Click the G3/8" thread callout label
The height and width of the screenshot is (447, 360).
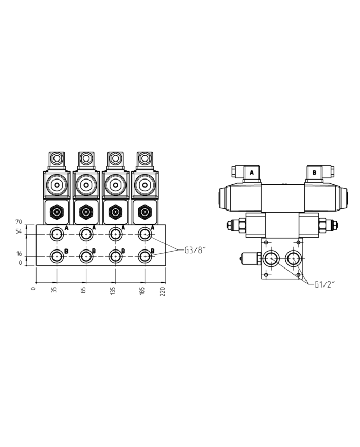click(195, 250)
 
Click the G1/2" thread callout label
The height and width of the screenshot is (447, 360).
click(325, 285)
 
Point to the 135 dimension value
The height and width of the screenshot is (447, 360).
click(114, 291)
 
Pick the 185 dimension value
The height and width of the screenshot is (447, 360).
click(143, 291)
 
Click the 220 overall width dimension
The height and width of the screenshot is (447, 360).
click(164, 291)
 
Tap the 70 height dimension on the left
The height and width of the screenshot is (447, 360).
click(19, 222)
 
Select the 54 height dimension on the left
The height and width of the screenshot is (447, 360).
click(19, 232)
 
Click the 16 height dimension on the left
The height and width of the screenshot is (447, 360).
click(19, 254)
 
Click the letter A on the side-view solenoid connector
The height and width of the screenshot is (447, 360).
click(251, 173)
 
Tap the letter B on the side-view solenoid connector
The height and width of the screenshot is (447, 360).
click(314, 173)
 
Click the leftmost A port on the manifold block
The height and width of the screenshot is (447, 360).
click(56, 234)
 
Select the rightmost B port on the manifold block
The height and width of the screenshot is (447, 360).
click(145, 255)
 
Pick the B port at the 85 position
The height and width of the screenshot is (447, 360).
click(86, 255)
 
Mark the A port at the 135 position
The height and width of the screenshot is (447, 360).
click(115, 234)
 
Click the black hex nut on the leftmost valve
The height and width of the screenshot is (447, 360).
click(56, 211)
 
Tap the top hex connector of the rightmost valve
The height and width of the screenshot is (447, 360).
click(145, 158)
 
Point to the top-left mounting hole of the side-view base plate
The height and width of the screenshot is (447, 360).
click(265, 241)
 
